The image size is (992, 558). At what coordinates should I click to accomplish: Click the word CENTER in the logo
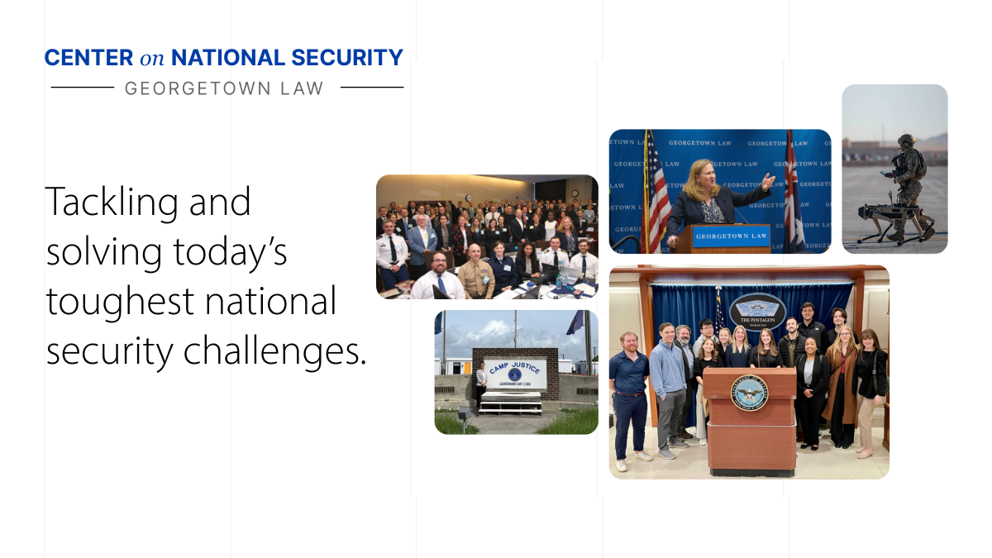(x=88, y=58)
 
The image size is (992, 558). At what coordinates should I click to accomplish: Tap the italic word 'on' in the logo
(x=152, y=58)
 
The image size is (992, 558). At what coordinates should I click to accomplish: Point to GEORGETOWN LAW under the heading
(x=225, y=88)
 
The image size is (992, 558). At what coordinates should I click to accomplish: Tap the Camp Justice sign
(x=515, y=373)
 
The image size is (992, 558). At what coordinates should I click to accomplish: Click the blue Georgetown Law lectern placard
(x=719, y=236)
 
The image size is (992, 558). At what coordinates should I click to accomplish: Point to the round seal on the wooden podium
(x=749, y=393)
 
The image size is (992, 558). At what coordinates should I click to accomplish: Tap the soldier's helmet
(x=907, y=141)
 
